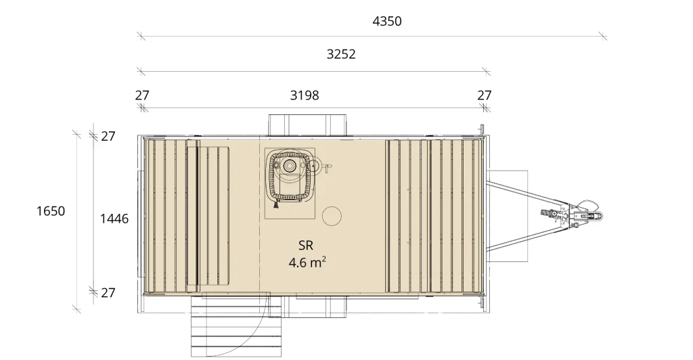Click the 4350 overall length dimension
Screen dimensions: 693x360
[387, 21]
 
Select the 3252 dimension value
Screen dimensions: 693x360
[341, 54]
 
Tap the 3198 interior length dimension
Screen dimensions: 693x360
[305, 95]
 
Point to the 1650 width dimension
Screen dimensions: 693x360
[51, 211]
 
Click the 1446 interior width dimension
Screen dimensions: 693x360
[114, 219]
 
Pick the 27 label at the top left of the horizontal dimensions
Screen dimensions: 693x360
[142, 95]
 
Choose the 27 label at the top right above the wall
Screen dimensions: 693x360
[485, 95]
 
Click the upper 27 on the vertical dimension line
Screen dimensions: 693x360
[108, 137]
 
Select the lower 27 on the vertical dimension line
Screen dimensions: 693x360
[108, 293]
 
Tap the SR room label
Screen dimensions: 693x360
[306, 246]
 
